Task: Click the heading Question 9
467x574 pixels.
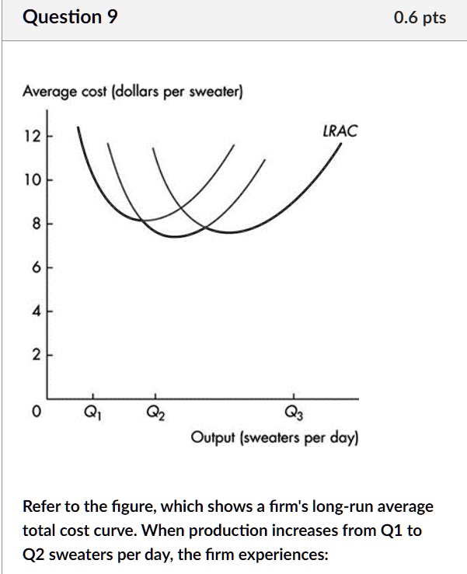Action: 71,17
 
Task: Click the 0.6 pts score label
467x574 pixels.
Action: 420,18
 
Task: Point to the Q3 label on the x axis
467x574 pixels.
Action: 294,412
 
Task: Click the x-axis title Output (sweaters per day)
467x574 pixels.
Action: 274,437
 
